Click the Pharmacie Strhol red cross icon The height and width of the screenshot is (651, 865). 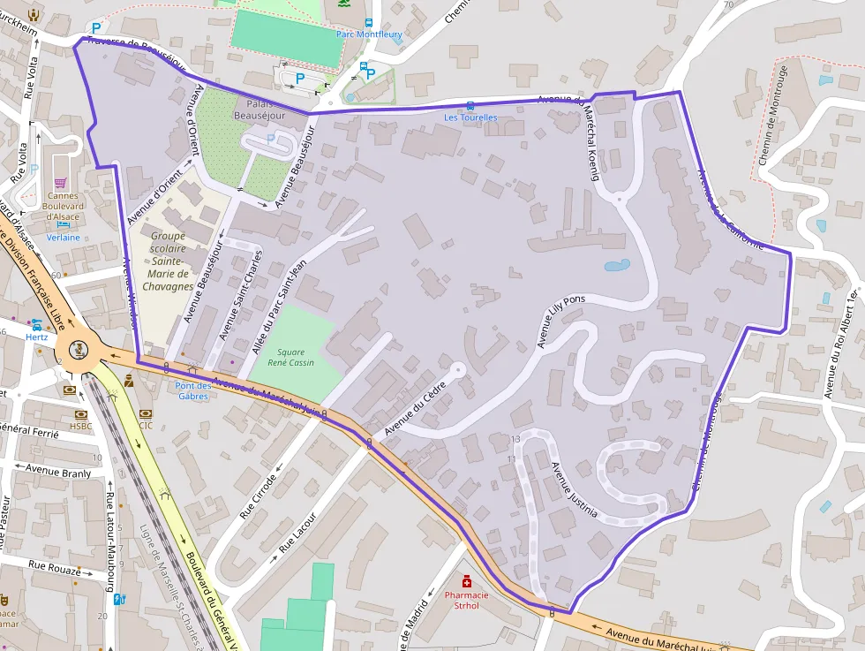pos(467,582)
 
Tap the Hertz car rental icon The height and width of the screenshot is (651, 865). pos(37,325)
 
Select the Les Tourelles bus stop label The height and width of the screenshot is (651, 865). pos(470,117)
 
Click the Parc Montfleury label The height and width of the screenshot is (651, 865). pos(368,34)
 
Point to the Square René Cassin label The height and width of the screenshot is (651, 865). pos(290,358)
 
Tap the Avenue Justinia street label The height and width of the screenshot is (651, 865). pos(575,489)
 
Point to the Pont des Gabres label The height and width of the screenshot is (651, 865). pos(193,390)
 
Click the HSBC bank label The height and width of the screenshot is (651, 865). pos(81,426)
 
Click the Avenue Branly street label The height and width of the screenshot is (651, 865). pos(58,473)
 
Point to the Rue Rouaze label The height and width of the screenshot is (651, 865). pos(55,566)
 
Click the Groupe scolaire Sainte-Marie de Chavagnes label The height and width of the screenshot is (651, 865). pos(167,261)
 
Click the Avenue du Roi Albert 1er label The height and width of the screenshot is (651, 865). pos(841,342)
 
